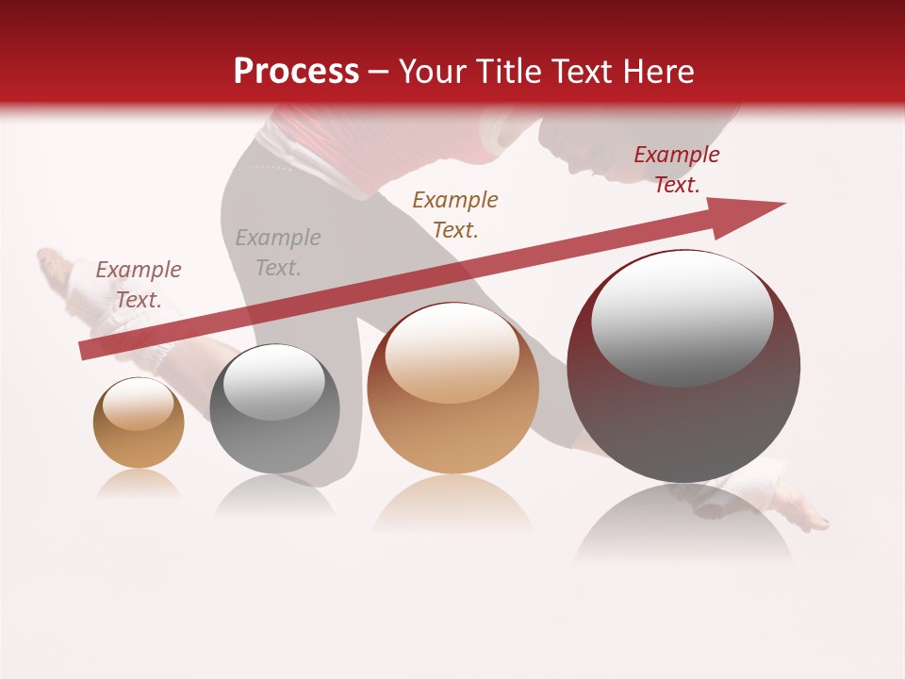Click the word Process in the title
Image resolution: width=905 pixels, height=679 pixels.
tap(296, 72)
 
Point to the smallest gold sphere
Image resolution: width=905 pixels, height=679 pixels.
tap(139, 423)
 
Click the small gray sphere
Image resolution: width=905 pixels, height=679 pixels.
tap(274, 409)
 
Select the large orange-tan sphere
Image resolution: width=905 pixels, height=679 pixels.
tap(452, 389)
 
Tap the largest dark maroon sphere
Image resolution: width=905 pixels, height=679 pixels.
tap(683, 366)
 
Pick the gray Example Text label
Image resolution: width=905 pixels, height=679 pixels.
tap(278, 253)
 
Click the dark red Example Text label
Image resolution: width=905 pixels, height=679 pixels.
tap(677, 170)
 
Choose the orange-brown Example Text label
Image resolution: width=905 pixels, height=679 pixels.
tap(455, 214)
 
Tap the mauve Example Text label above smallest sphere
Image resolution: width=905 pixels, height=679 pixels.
tap(139, 285)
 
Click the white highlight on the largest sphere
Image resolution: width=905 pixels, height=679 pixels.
tap(682, 316)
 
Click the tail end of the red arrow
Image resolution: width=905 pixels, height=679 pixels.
tap(83, 351)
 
